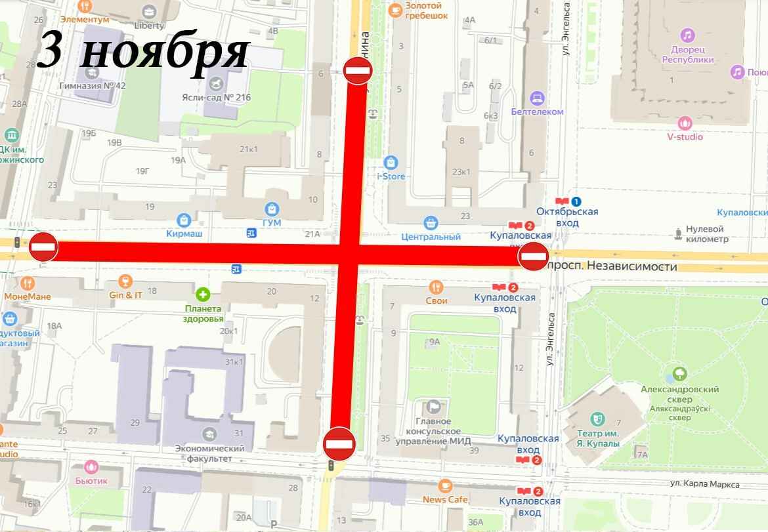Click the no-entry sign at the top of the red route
point(358,70)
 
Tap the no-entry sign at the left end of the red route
point(43,247)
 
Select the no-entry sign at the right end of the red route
point(533,256)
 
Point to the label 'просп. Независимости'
point(612,267)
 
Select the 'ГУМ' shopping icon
point(272,209)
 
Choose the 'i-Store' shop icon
point(391,161)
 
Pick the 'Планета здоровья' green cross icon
point(203,294)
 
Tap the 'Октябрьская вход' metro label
point(567,217)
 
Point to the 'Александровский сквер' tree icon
point(680,374)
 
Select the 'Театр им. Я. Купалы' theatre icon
point(597,418)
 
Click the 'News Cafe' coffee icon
point(445,485)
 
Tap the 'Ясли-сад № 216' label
point(216,98)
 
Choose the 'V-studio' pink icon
point(685,123)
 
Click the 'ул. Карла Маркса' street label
point(704,484)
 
